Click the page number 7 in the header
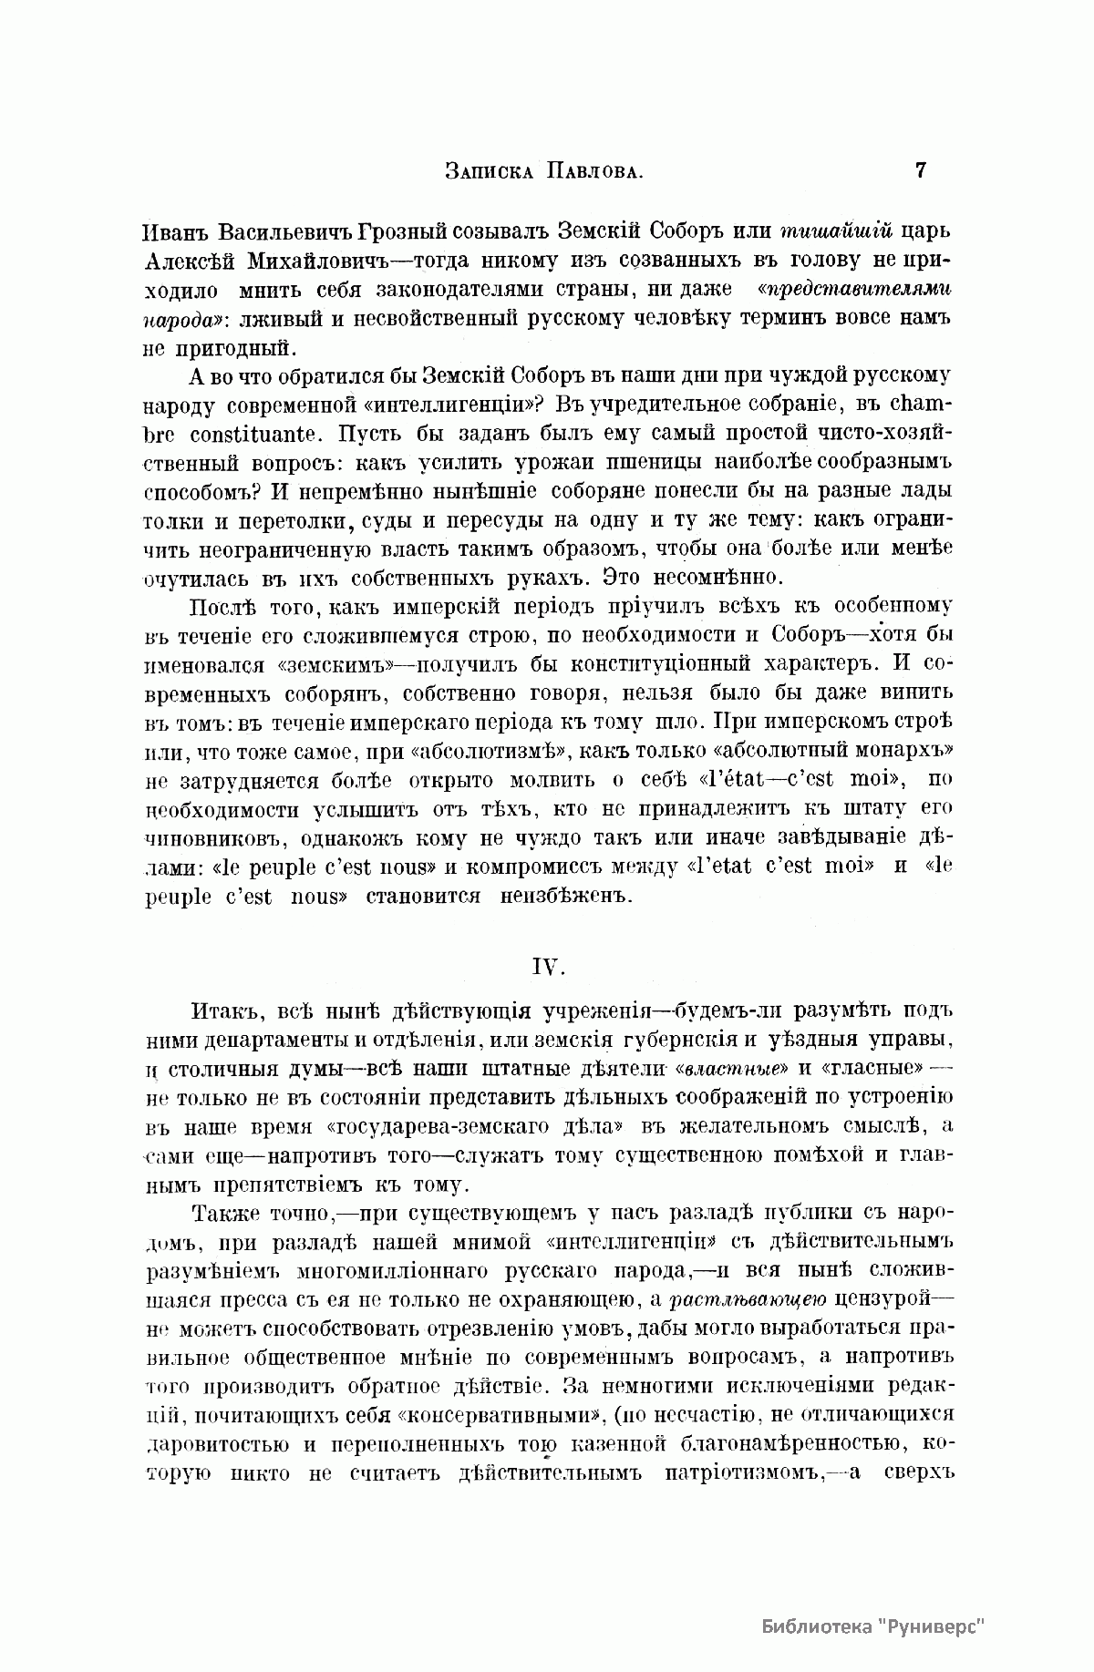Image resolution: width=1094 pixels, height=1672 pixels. (x=920, y=169)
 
